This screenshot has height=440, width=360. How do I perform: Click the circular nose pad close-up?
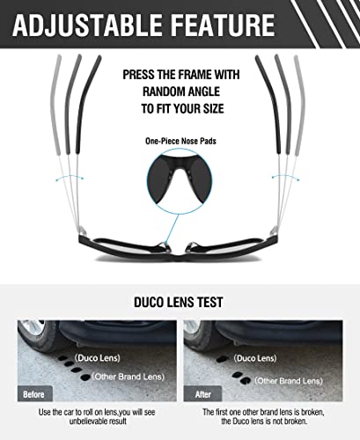(180, 181)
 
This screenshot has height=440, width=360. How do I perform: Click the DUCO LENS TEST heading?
(180, 301)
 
